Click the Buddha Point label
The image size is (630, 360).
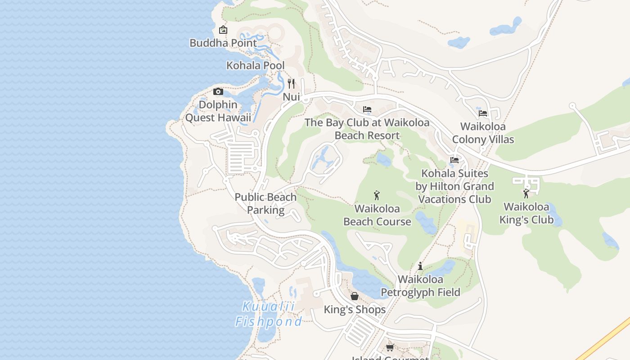(x=223, y=43)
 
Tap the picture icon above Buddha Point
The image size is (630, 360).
(x=223, y=30)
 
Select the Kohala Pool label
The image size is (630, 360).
(x=255, y=66)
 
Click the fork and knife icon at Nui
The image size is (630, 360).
(x=291, y=83)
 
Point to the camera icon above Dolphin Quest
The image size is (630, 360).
(x=218, y=92)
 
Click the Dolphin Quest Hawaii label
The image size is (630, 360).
(x=218, y=111)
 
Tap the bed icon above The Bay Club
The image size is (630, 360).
(x=367, y=109)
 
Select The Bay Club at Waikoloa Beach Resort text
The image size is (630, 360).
(x=367, y=129)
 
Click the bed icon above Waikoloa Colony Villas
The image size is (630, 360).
(x=483, y=113)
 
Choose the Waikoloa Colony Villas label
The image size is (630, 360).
(x=483, y=133)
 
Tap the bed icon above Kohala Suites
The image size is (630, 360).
(x=454, y=160)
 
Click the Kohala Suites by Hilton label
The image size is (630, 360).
(x=455, y=186)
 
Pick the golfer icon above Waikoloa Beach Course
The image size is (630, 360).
(x=377, y=195)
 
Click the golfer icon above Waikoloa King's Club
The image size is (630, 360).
(x=526, y=194)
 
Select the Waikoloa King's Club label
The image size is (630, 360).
(x=526, y=213)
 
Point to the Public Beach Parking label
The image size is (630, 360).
(x=265, y=203)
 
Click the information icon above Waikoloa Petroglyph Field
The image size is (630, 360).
(x=420, y=266)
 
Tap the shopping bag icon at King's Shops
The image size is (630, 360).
(x=355, y=296)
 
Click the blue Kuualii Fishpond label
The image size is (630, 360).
(x=269, y=314)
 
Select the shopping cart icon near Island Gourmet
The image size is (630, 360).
(x=390, y=347)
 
